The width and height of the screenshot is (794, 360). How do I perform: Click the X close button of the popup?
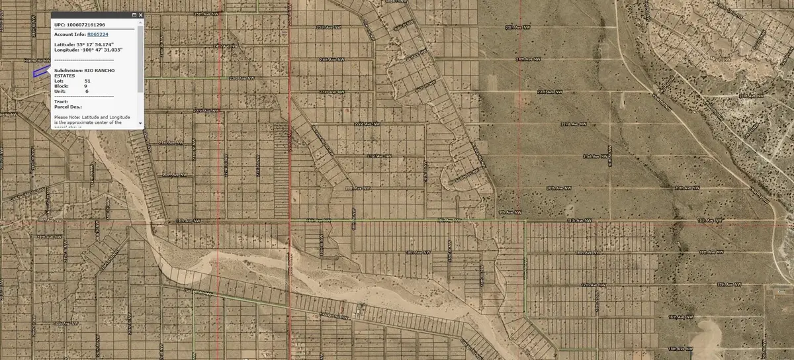[140, 15]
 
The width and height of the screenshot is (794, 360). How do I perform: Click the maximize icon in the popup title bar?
[134, 15]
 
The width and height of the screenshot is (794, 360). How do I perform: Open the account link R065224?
[98, 34]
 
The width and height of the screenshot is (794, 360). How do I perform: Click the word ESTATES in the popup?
[64, 75]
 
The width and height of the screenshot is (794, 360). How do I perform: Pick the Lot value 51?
[87, 81]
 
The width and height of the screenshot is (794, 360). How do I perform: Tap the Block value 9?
[85, 86]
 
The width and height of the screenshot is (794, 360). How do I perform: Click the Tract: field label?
[62, 102]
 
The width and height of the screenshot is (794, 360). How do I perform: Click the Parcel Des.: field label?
[68, 107]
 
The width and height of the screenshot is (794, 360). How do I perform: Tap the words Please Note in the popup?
[69, 117]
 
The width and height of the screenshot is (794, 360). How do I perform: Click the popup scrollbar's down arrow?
[140, 124]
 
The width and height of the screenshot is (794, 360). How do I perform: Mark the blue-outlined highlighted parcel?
[41, 72]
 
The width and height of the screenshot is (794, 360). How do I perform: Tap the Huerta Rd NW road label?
[36, 60]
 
